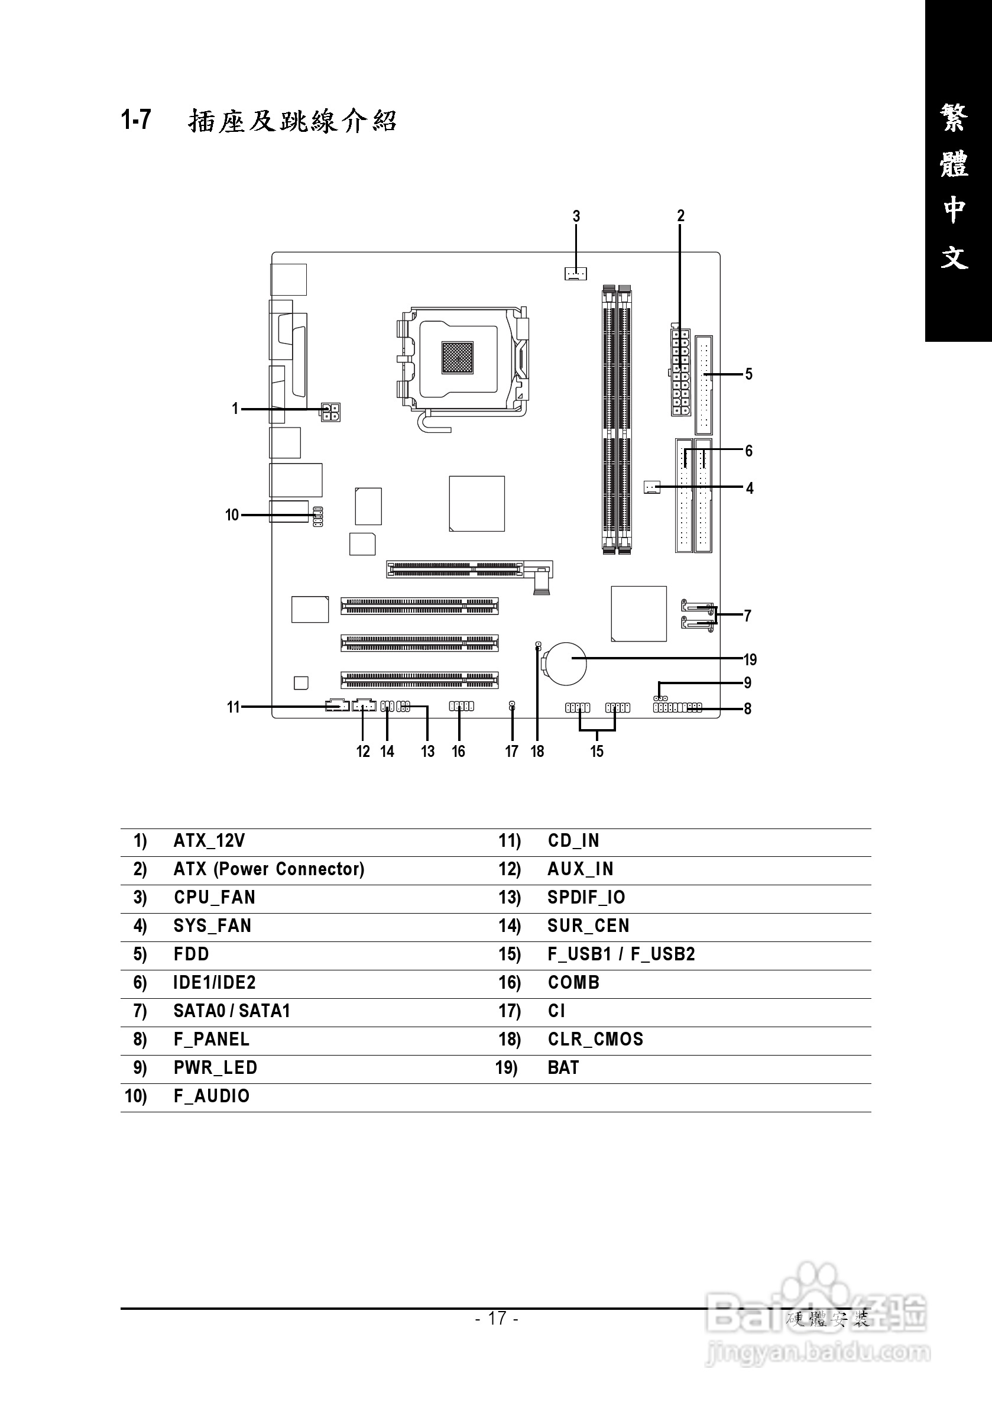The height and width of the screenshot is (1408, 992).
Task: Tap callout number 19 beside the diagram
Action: pyautogui.click(x=750, y=660)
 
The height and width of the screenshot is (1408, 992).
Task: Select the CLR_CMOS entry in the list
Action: pyautogui.click(x=595, y=1039)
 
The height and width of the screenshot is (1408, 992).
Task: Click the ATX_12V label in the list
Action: pyautogui.click(x=209, y=840)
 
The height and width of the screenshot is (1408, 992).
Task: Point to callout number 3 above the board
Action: pyautogui.click(x=576, y=216)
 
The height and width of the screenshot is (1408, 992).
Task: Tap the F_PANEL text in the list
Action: pyautogui.click(x=212, y=1039)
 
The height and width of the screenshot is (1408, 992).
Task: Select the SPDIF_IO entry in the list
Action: pyautogui.click(x=586, y=897)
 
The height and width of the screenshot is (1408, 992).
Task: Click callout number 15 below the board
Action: pyautogui.click(x=597, y=751)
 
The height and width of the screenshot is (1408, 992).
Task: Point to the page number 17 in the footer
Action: pyautogui.click(x=497, y=1318)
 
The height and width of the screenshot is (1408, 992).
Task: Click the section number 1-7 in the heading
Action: pyautogui.click(x=135, y=119)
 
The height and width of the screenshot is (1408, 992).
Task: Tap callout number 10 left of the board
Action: pyautogui.click(x=232, y=514)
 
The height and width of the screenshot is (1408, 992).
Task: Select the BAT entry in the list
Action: pyautogui.click(x=563, y=1067)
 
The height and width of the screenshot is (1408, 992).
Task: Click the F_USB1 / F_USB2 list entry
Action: pyautogui.click(x=621, y=954)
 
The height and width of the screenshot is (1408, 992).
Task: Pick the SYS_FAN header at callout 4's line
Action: pyautogui.click(x=651, y=487)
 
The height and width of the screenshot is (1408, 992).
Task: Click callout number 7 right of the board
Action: pyautogui.click(x=747, y=616)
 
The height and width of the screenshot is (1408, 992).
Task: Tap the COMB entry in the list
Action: pyautogui.click(x=573, y=982)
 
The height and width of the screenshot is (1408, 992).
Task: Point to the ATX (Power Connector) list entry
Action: pyautogui.click(x=268, y=868)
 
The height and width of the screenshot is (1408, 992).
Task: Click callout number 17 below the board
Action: pyautogui.click(x=511, y=751)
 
